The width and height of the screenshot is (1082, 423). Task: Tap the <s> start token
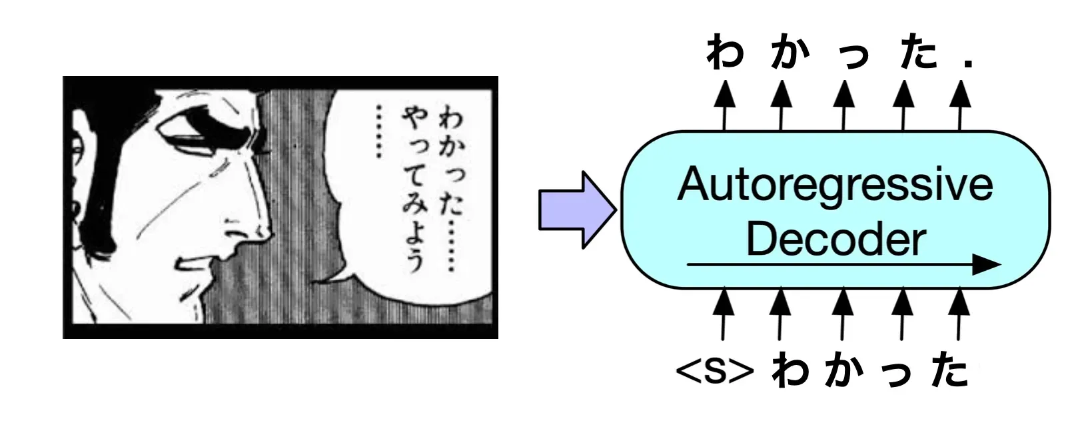pyautogui.click(x=714, y=372)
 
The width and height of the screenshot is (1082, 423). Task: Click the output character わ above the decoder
pyautogui.click(x=725, y=53)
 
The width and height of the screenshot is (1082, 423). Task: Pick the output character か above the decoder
pyautogui.click(x=790, y=53)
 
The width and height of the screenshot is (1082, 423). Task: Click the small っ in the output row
pyautogui.click(x=853, y=57)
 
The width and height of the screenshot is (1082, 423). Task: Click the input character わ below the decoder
pyautogui.click(x=790, y=372)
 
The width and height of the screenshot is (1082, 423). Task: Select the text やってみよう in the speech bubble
pyautogui.click(x=414, y=190)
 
